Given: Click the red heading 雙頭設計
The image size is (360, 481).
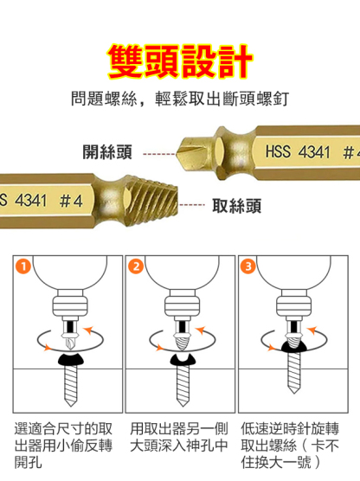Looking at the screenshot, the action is pyautogui.click(x=180, y=61).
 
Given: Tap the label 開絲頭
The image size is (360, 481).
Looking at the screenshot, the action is pyautogui.click(x=107, y=152).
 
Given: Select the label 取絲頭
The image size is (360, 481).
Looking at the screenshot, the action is pyautogui.click(x=236, y=206).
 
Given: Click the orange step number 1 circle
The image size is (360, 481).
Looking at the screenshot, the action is pyautogui.click(x=23, y=266).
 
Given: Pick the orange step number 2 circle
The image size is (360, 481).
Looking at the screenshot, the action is pyautogui.click(x=136, y=266).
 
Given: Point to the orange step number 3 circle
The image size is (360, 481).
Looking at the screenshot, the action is pyautogui.click(x=248, y=266).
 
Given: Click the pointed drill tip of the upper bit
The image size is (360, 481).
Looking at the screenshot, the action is pyautogui.click(x=177, y=153).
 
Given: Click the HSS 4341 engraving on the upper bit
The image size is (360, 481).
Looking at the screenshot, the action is pyautogui.click(x=298, y=151).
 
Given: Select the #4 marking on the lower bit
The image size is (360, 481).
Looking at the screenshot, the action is pyautogui.click(x=71, y=201).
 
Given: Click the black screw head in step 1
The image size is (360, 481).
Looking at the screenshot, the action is pyautogui.click(x=71, y=359).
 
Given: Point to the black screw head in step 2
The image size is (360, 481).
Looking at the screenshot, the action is pyautogui.click(x=183, y=360).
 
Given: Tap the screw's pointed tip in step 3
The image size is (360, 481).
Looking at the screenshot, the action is pyautogui.click(x=293, y=391).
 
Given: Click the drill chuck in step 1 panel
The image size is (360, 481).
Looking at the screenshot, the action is pyautogui.click(x=70, y=306).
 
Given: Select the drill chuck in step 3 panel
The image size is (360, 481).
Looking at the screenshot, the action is pyautogui.click(x=294, y=306).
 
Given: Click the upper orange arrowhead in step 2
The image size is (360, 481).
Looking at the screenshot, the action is pyautogui.click(x=201, y=330).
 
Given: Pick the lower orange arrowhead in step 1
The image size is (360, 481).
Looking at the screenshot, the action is pyautogui.click(x=48, y=348).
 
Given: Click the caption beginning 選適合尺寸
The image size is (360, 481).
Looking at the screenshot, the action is pyautogui.click(x=63, y=446).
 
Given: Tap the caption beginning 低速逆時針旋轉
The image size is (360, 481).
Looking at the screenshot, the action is pyautogui.click(x=290, y=446).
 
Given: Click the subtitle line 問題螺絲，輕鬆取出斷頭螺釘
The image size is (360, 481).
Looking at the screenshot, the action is pyautogui.click(x=180, y=99).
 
